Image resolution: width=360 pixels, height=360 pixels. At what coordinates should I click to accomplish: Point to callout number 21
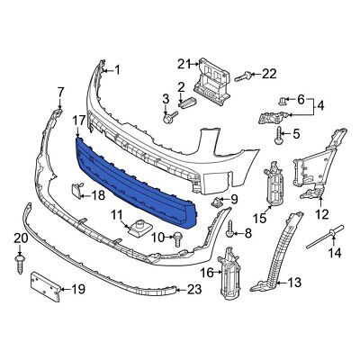point(184,63)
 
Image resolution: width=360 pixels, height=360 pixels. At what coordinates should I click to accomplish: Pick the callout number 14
point(334,254)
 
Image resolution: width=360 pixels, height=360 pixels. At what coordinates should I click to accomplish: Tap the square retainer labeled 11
point(139,228)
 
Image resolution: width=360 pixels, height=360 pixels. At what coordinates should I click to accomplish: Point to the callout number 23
point(193,290)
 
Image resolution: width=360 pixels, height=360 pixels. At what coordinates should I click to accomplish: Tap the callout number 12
point(321,215)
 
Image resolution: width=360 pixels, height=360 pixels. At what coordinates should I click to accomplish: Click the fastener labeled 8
point(231,232)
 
